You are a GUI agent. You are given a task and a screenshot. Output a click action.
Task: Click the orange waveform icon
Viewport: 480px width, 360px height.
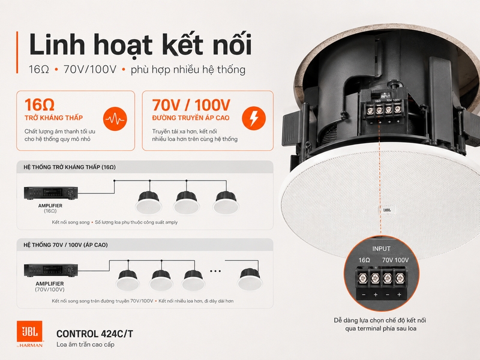pyautogui.click(x=115, y=119)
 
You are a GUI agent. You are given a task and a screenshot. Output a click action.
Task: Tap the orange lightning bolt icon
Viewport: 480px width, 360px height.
pyautogui.click(x=254, y=118)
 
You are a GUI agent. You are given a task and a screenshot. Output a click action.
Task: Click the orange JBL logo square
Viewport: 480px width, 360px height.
pyautogui.click(x=29, y=331)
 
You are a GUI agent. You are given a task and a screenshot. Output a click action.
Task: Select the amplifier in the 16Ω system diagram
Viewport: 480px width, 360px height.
pyautogui.click(x=51, y=193)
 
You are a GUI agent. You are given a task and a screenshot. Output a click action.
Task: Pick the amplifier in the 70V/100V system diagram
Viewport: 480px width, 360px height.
pyautogui.click(x=51, y=271)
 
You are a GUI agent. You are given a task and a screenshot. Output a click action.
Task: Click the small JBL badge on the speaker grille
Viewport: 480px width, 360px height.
pyautogui.click(x=387, y=210)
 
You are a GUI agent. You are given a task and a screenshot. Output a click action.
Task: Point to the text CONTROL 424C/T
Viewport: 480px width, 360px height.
pyautogui.click(x=95, y=334)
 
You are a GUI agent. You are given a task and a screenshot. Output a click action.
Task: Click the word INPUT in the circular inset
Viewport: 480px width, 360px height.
pyautogui.click(x=381, y=249)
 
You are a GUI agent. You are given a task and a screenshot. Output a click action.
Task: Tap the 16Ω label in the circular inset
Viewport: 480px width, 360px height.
pyautogui.click(x=364, y=260)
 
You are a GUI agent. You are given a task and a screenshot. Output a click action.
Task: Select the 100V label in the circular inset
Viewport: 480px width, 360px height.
pyautogui.click(x=402, y=260)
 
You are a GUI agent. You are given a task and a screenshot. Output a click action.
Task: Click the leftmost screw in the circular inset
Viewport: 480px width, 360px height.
pyautogui.click(x=364, y=278)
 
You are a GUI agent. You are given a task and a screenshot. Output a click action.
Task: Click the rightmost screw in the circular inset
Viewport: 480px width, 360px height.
pyautogui.click(x=399, y=278)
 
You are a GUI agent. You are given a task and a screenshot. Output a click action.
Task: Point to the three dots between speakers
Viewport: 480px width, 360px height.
pyautogui.click(x=215, y=271)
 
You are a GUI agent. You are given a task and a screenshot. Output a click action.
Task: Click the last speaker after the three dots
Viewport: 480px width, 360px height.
pyautogui.click(x=250, y=279)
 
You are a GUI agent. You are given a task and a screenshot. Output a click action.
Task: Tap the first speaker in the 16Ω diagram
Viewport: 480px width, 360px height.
pyautogui.click(x=149, y=202)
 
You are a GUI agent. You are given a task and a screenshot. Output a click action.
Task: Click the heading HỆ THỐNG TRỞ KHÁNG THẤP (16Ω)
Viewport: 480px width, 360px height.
pyautogui.click(x=70, y=167)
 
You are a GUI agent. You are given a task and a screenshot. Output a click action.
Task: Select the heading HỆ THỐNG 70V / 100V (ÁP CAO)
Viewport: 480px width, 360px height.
pyautogui.click(x=65, y=245)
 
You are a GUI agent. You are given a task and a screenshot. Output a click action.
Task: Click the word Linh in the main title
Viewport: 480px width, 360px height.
pyautogui.click(x=57, y=44)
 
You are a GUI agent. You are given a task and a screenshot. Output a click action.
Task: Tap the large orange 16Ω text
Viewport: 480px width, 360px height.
pyautogui.click(x=40, y=104)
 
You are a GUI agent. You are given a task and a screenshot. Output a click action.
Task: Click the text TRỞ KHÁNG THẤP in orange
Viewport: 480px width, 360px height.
pyautogui.click(x=53, y=118)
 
